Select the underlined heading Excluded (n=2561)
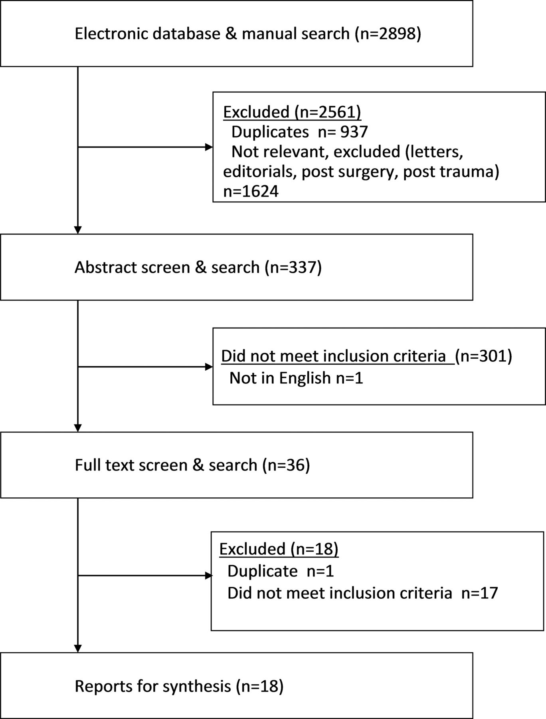point(292,112)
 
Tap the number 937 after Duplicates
point(354,131)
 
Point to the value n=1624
point(251,191)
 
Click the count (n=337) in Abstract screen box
point(293,267)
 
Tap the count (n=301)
point(483,356)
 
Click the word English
point(305,378)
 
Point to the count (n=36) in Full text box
point(286,465)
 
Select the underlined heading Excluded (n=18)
point(279,549)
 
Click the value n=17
point(480,593)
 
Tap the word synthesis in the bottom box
point(197,686)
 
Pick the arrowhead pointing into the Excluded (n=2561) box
point(209,147)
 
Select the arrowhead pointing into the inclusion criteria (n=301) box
point(209,367)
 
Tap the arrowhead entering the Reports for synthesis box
point(78,648)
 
